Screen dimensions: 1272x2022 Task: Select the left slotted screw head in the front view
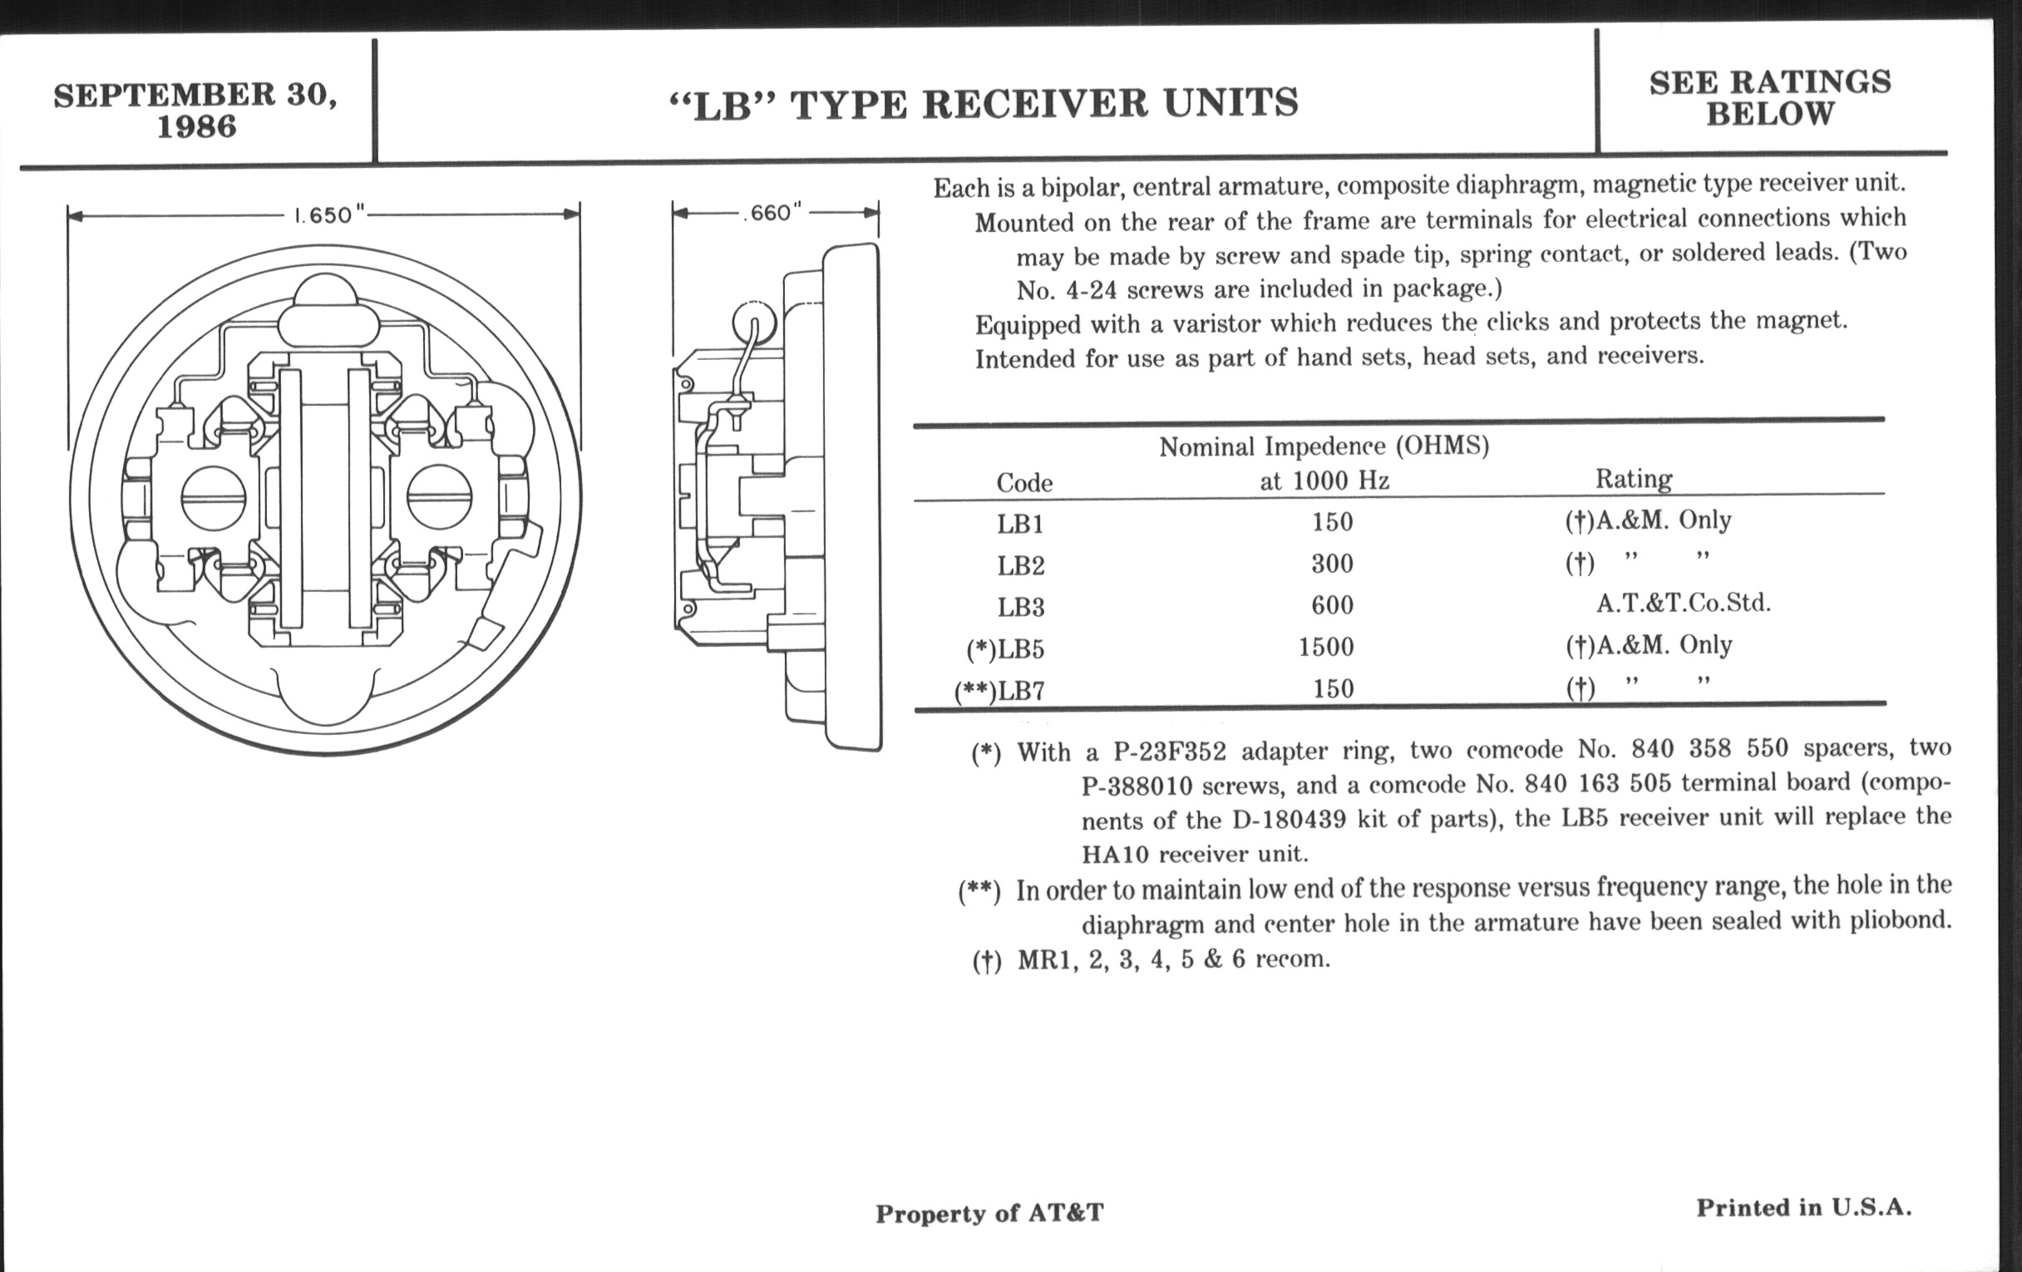214,498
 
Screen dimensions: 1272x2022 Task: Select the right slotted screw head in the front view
439,498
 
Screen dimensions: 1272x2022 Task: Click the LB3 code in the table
1020,607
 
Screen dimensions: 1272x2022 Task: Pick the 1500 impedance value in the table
1326,648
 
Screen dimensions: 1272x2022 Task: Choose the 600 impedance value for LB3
1333,605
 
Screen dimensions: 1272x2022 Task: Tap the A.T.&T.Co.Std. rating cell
1683,603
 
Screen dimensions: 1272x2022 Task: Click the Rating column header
1633,479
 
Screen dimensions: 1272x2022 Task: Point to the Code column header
1024,483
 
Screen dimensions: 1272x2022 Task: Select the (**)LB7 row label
999,691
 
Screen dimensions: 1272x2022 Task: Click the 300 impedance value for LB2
1333,564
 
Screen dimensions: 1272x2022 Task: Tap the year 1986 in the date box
196,126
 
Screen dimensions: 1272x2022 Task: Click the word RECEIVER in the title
1035,103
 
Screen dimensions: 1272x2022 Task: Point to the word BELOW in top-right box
1770,114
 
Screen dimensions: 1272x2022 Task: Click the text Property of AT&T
989,1213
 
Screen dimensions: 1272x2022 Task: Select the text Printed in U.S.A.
1803,1207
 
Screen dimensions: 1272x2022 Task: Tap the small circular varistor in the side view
753,323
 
